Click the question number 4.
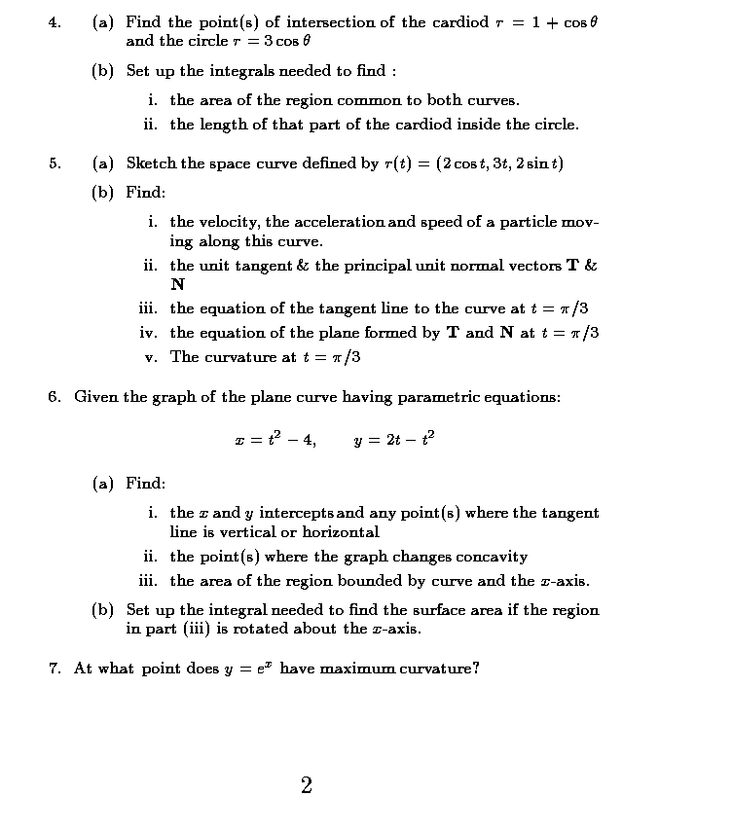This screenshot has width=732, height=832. pos(54,22)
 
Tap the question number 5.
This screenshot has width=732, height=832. pos(54,163)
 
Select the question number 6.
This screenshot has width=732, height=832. pos(55,397)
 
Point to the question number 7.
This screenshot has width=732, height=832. pos(55,669)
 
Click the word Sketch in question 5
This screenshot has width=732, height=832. pos(151,163)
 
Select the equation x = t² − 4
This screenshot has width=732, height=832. pos(276,440)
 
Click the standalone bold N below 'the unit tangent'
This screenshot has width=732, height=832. pos(177,285)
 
